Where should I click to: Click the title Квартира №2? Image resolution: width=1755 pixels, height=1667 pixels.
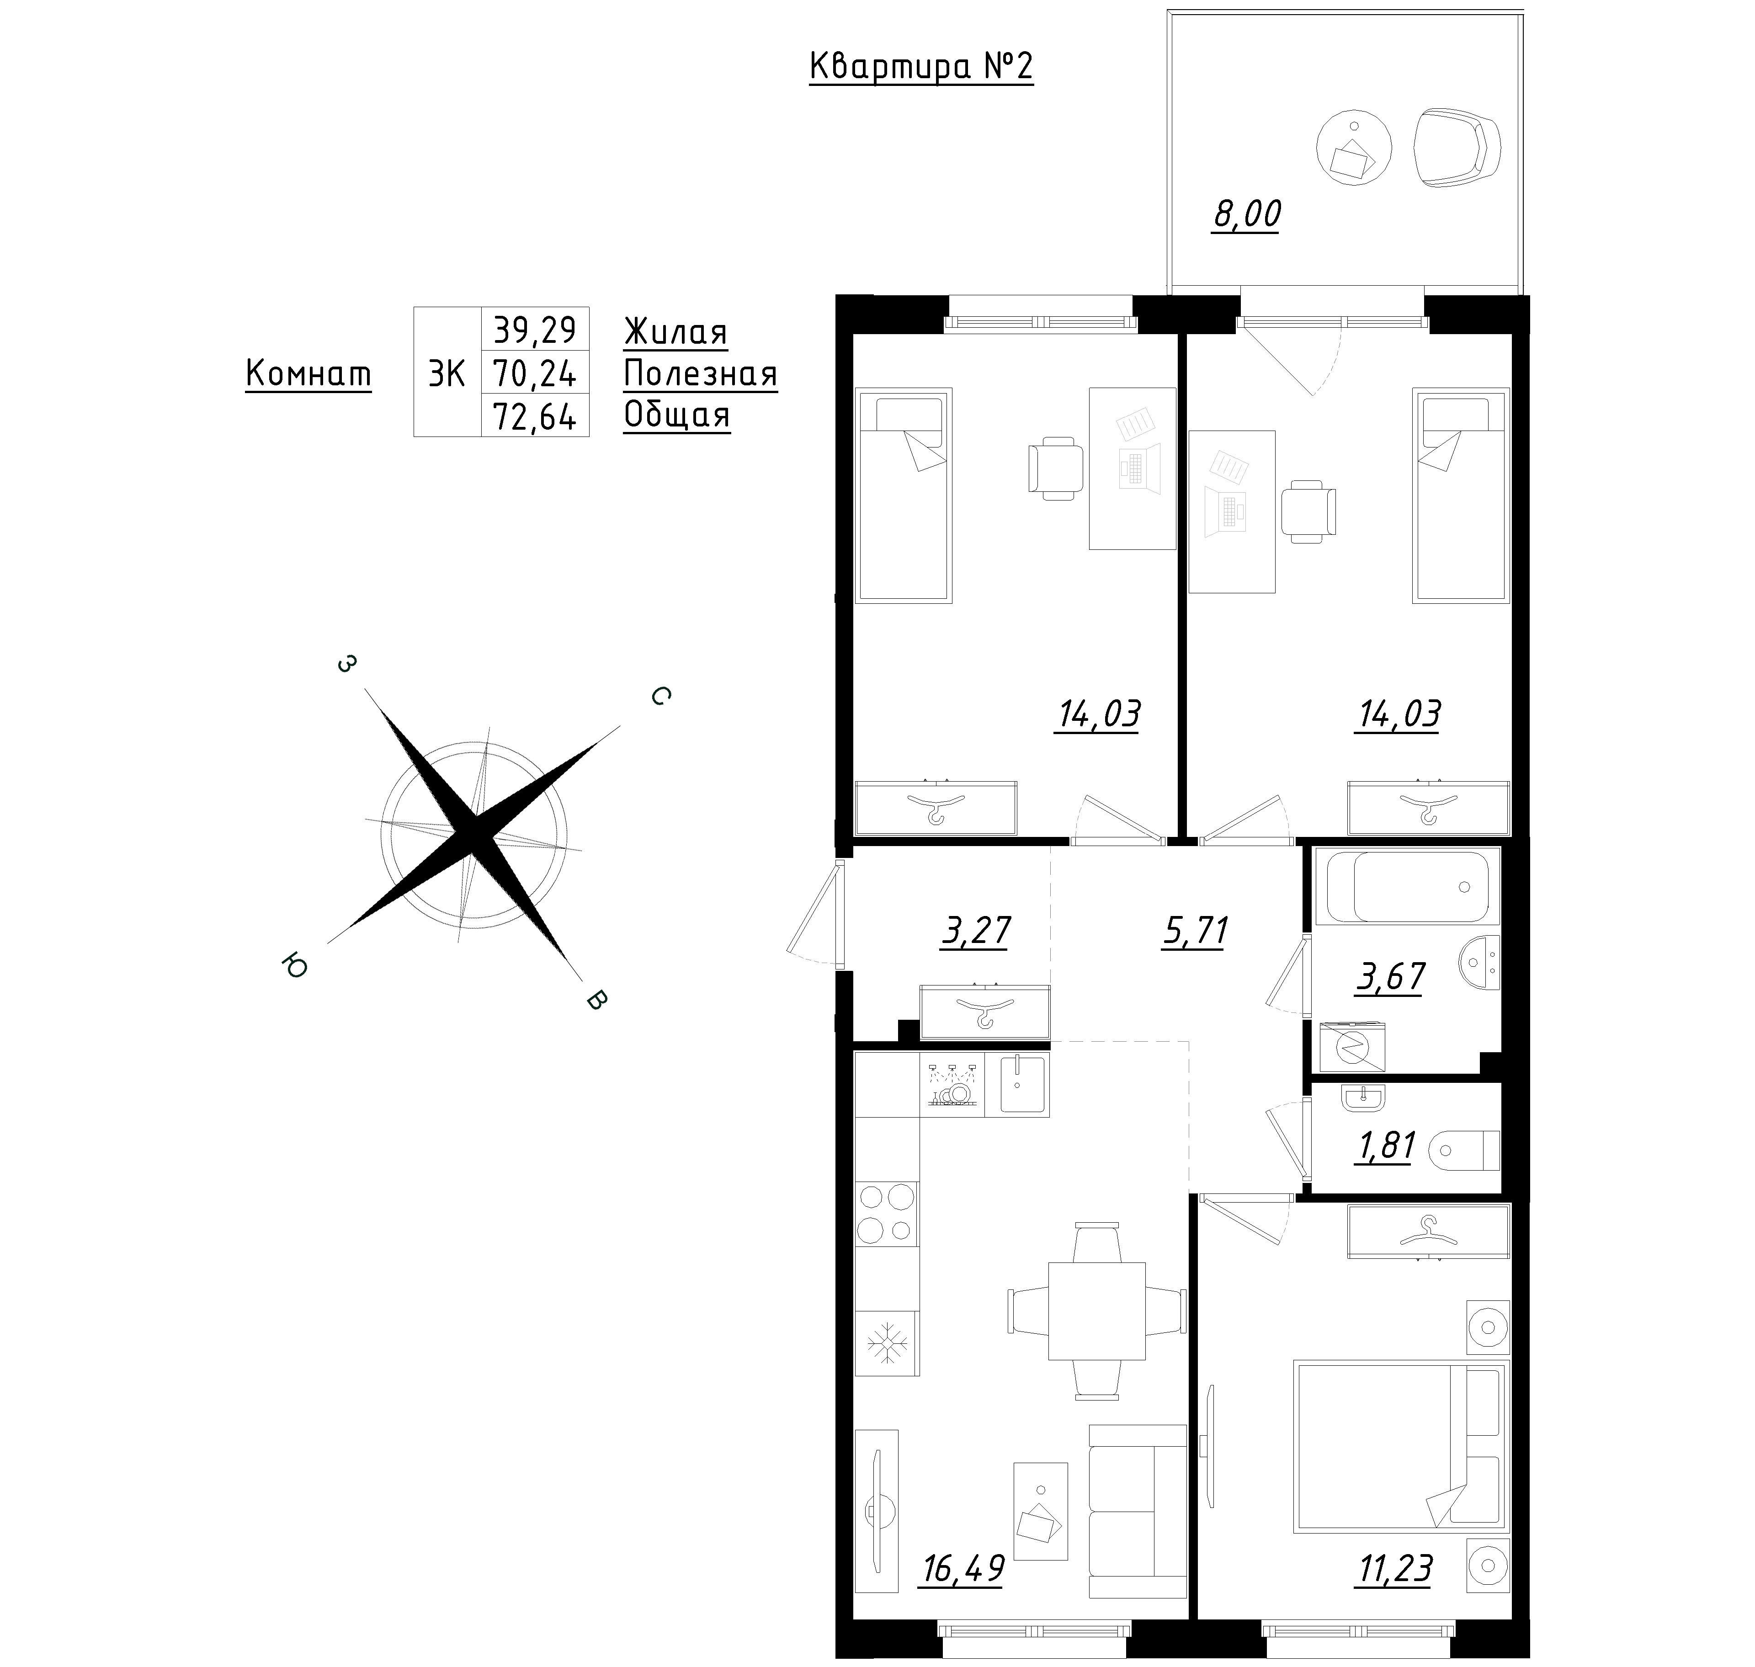pos(921,68)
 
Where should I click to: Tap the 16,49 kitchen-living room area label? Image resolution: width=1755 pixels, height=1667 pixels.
pos(963,1569)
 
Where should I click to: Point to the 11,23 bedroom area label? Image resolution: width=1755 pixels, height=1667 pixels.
pos(1394,1569)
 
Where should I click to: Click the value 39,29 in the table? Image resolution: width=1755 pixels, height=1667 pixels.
pos(535,330)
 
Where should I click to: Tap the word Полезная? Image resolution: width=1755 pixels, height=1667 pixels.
pos(700,374)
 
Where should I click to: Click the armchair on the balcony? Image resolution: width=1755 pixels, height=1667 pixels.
pos(1457,148)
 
